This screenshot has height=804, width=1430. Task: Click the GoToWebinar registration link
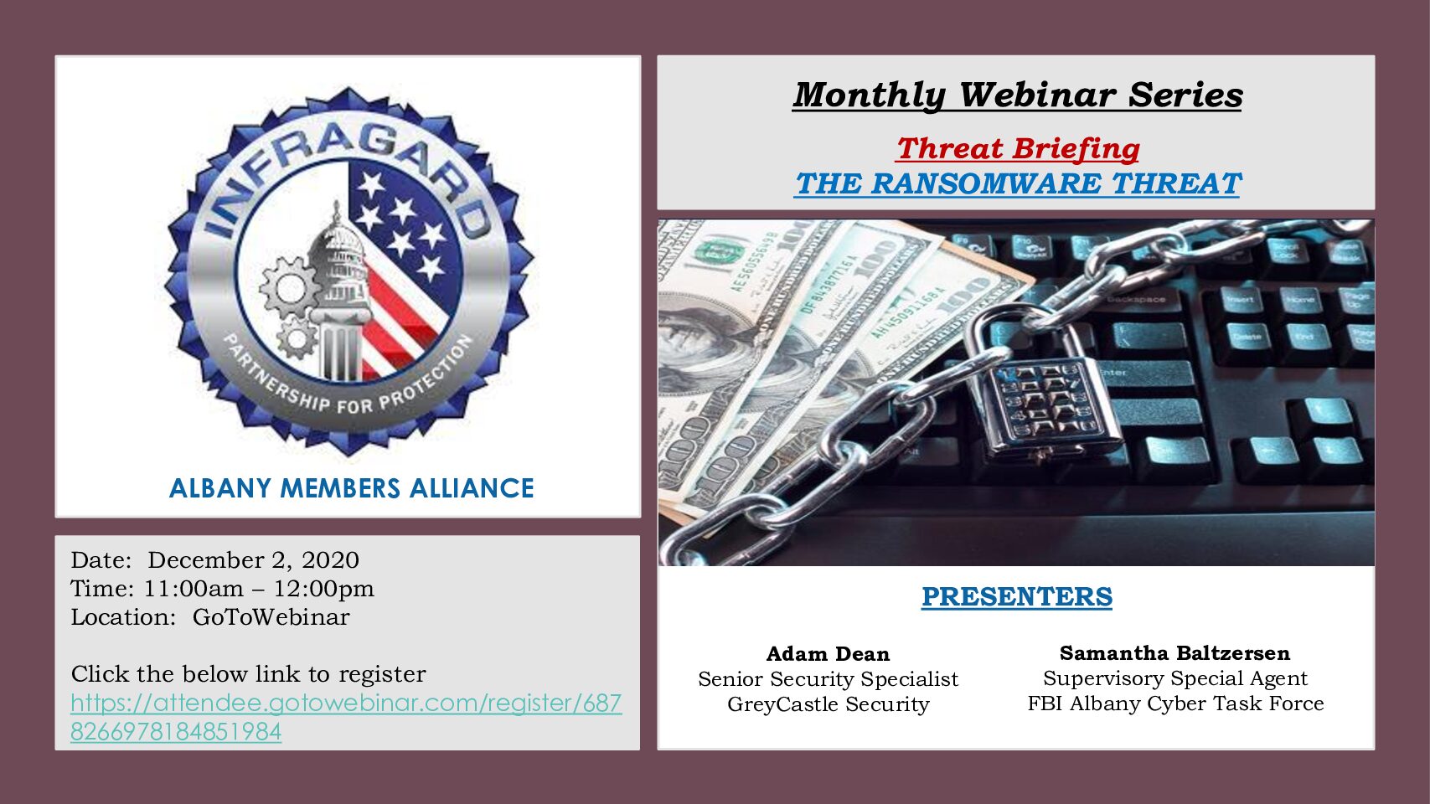(x=346, y=717)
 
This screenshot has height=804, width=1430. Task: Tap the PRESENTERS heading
(x=1016, y=596)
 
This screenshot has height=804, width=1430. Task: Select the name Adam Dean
(x=828, y=653)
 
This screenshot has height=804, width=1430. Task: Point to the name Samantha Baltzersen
(x=1174, y=652)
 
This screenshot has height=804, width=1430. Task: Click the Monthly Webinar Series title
(x=1017, y=95)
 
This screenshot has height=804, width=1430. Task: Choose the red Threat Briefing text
(x=1018, y=149)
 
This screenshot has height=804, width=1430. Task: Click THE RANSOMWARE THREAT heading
(x=1017, y=183)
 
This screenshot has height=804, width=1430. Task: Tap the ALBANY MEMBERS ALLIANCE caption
(x=351, y=488)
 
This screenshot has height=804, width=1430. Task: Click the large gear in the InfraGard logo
(x=288, y=288)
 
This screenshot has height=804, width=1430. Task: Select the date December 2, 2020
(x=254, y=559)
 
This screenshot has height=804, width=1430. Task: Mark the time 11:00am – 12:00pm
(x=259, y=588)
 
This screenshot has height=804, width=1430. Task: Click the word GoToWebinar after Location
(x=271, y=617)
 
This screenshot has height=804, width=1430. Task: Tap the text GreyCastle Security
(x=828, y=703)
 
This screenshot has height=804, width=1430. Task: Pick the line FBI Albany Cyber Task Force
(x=1175, y=703)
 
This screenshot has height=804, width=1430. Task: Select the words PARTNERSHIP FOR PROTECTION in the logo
(x=348, y=377)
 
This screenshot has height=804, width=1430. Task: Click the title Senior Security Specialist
(x=828, y=679)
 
